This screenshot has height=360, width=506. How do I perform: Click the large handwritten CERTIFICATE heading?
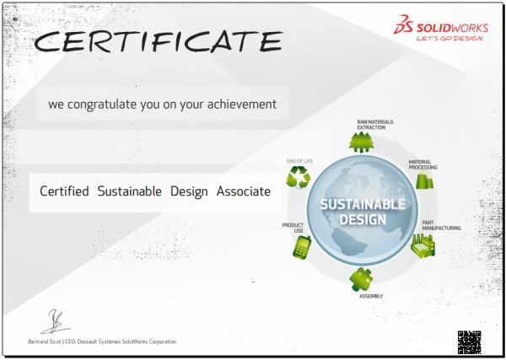(x=159, y=41)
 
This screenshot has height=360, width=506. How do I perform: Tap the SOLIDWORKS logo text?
(x=452, y=28)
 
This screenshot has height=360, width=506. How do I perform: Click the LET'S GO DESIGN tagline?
(x=449, y=39)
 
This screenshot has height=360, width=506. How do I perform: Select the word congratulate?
(x=102, y=105)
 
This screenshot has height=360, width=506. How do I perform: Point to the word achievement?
(x=242, y=105)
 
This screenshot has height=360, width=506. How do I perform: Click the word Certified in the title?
(x=64, y=191)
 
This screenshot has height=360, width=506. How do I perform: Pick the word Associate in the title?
(x=244, y=191)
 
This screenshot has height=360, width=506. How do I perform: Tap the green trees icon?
(x=362, y=142)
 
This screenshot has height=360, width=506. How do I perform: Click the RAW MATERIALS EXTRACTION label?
(x=375, y=125)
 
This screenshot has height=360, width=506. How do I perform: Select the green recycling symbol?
(x=299, y=177)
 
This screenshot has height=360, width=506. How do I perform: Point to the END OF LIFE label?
(x=299, y=161)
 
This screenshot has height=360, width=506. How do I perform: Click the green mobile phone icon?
(x=302, y=247)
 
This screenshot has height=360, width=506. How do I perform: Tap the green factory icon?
(x=423, y=246)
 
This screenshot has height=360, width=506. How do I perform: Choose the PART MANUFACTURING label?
(x=441, y=225)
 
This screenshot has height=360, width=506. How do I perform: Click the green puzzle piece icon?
(x=361, y=279)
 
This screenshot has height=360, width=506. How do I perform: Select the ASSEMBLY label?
(x=371, y=296)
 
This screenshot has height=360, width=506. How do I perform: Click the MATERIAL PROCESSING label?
(x=423, y=164)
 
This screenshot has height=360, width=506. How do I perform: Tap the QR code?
(x=470, y=342)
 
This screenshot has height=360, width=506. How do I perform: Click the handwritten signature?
(x=56, y=321)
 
